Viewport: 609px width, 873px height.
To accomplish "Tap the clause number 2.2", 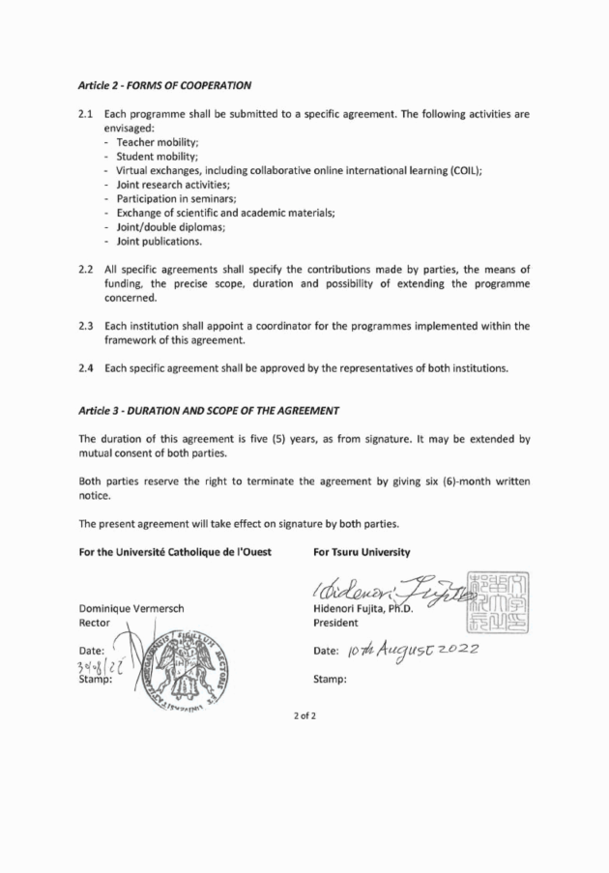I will tap(85, 268).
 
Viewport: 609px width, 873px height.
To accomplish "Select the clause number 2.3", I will tap(85, 326).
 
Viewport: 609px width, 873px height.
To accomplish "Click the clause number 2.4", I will tap(85, 368).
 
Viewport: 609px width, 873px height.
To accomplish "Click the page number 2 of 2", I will tap(304, 742).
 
